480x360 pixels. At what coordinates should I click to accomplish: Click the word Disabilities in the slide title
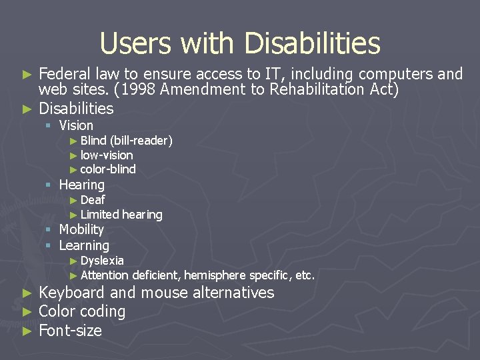(312, 44)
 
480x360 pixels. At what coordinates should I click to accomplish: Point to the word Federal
(65, 74)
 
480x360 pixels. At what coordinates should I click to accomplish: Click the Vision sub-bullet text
(76, 125)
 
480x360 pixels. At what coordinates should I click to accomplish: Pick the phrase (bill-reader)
(141, 141)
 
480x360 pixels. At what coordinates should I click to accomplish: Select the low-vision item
(107, 155)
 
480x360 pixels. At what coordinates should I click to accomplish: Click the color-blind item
(108, 169)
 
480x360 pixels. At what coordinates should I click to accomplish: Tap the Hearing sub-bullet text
(82, 185)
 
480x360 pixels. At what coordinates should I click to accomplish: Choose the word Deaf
(93, 200)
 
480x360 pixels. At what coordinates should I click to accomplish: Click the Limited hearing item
(121, 215)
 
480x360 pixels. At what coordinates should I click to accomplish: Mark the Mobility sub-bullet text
(81, 229)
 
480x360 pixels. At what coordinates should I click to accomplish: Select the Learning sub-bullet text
(84, 245)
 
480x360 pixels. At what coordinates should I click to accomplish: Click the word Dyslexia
(102, 261)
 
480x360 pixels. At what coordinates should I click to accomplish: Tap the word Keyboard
(72, 293)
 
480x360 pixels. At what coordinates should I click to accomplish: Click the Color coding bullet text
(82, 311)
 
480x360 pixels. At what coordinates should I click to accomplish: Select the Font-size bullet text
(71, 330)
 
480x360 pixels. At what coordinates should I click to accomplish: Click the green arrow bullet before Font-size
(27, 331)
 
